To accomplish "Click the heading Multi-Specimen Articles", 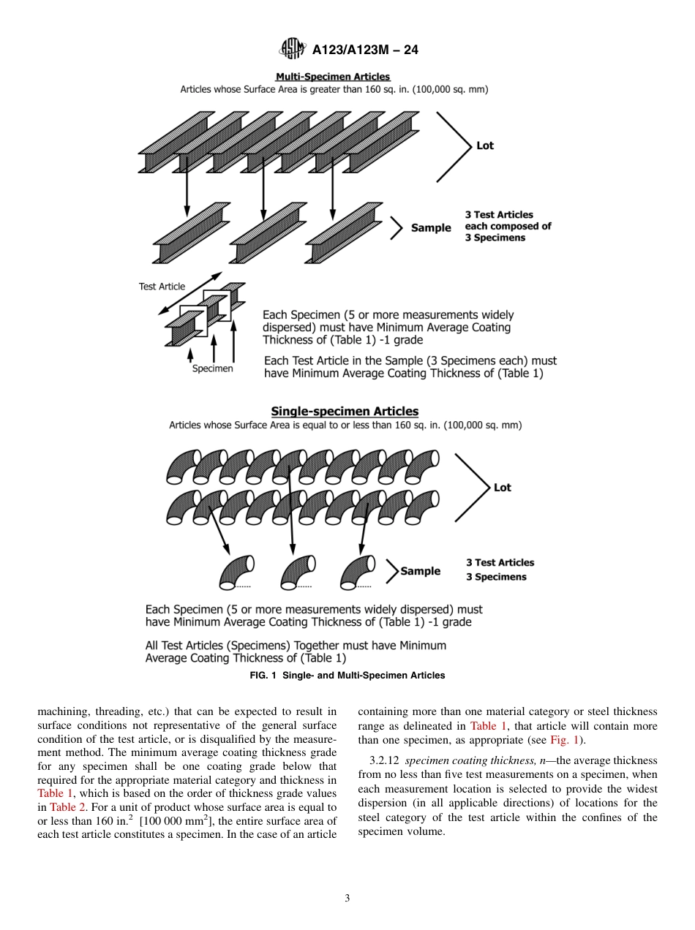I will [332, 77].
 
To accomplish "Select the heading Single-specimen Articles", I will [345, 412].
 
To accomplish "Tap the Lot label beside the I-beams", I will [484, 145].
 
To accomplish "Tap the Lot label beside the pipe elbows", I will [502, 488].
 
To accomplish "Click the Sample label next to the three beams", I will [431, 228].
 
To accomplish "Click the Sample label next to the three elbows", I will [421, 571].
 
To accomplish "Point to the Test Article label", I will [162, 287].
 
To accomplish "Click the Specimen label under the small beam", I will [212, 369].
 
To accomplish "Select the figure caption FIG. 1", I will [347, 676].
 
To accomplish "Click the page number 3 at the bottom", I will [347, 899].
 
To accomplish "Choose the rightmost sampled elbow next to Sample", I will [358, 572].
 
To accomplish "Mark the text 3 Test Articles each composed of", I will [508, 220].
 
